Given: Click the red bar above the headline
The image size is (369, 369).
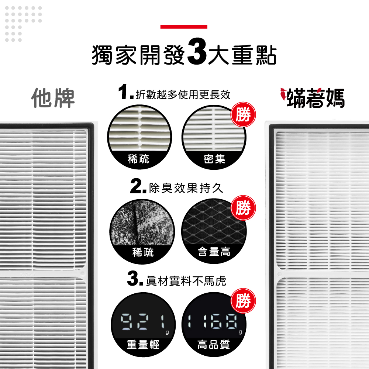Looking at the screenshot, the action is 184,27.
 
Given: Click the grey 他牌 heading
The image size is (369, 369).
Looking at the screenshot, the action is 53,98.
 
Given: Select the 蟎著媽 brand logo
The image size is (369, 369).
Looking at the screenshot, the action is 313,98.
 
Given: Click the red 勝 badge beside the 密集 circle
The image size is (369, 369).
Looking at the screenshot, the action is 243,115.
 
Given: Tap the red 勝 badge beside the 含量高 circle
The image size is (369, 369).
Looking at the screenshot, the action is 243,208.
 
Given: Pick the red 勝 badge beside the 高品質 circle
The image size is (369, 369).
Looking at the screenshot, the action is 243,301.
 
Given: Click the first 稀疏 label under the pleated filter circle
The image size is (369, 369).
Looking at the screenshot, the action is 138,159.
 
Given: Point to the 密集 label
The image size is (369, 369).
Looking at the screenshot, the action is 214,159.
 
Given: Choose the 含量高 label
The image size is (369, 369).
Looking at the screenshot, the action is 214,252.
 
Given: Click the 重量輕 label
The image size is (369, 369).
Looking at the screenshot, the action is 143,344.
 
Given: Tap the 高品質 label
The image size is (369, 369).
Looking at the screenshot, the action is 214,344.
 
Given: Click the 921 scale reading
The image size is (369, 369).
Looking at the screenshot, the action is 143,322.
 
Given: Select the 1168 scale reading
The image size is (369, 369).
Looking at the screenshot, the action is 213,321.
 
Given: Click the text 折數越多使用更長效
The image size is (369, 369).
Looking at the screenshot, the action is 183,94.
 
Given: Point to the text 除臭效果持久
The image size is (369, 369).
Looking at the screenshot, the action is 186,188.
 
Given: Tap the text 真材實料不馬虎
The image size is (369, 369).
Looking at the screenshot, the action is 186,281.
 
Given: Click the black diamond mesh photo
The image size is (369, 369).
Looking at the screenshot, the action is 214,223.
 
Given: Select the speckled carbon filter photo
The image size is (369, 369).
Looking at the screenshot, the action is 142,223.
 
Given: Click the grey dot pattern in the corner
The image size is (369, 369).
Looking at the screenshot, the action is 24,24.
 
